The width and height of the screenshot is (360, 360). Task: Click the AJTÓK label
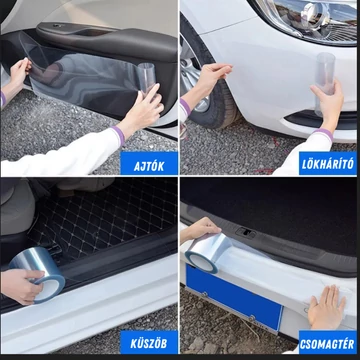point(149,166)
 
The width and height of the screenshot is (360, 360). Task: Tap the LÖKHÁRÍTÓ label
point(328,164)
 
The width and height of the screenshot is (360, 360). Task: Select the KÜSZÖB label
point(149,343)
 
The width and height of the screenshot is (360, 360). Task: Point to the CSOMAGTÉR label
point(327,344)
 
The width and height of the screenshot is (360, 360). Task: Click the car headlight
point(305,20)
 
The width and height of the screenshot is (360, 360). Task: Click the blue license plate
point(234,298)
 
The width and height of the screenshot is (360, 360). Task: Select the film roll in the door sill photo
point(38,275)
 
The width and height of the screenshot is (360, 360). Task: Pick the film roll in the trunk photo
point(208,253)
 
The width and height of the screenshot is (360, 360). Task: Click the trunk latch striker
point(246,232)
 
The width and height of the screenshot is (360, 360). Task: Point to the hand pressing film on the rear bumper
point(327,307)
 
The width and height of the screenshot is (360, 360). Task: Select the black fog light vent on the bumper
point(320,118)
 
